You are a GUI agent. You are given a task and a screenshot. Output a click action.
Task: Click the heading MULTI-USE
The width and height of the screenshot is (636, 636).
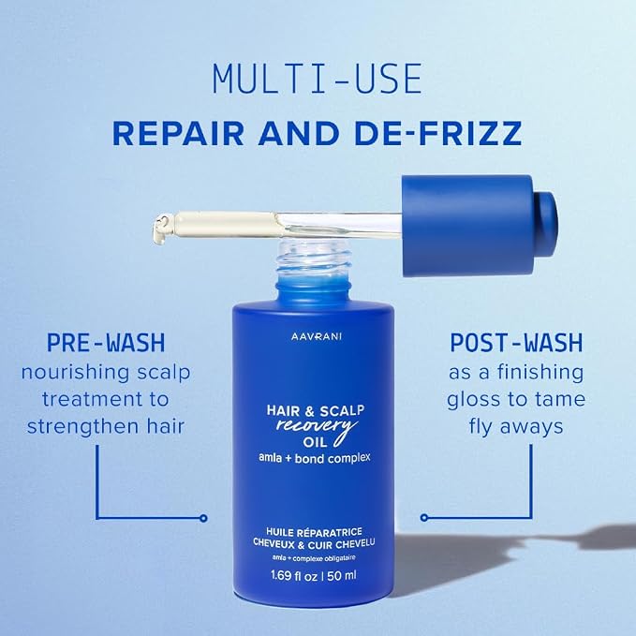(318, 79)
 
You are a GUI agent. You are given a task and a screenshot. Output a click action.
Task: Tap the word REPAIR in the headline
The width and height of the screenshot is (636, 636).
(179, 133)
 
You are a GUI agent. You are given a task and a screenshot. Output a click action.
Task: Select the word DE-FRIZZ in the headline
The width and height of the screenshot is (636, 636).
(438, 133)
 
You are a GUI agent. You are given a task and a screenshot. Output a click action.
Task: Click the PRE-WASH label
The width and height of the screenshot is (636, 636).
(106, 343)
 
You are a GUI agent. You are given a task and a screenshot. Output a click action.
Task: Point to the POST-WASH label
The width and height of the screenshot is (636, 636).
(516, 343)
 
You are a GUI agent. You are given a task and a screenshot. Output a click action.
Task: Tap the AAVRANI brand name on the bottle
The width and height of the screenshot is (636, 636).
(317, 336)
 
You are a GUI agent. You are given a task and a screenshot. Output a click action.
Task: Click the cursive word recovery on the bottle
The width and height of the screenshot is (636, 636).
(317, 428)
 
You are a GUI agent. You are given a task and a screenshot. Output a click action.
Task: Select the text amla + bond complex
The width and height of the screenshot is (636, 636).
(315, 458)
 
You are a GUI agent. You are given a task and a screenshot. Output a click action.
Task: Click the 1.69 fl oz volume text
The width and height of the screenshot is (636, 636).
(294, 575)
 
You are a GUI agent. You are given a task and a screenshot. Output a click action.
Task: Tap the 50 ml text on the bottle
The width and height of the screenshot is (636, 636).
(342, 575)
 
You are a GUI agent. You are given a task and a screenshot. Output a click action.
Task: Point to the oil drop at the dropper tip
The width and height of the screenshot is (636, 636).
(161, 229)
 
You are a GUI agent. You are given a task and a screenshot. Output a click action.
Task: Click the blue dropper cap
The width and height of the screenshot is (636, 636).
(479, 226)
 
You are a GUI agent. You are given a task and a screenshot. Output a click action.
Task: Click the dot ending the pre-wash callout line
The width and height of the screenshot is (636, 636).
(203, 518)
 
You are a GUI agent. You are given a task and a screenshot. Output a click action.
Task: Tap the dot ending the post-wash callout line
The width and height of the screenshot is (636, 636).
(424, 518)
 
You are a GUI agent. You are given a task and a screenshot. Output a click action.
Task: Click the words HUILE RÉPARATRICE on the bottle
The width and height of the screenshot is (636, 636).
(314, 532)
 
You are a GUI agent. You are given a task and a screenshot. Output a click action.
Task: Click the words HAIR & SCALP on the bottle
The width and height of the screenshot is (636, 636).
(315, 411)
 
